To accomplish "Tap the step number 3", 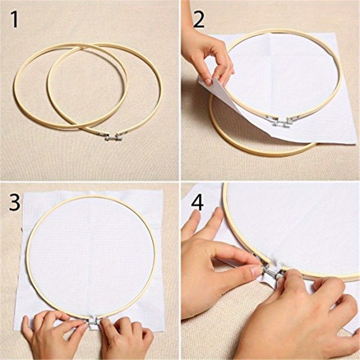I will (15, 203).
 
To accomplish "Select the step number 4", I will (198, 203).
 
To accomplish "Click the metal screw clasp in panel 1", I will (113, 136).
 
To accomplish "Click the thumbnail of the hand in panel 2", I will (208, 81).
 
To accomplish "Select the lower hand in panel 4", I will (301, 315).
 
